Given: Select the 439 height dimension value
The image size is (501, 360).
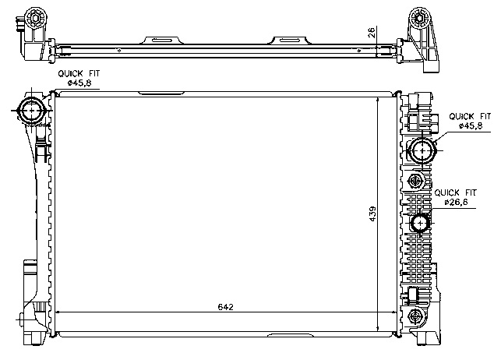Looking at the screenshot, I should [x=372, y=211].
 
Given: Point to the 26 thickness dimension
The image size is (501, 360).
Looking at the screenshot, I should [x=372, y=32].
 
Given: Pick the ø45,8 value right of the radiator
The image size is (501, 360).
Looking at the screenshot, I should [x=471, y=125].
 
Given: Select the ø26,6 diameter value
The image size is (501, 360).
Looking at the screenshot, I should [x=456, y=203].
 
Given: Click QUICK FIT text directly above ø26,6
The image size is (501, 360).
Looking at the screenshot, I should [x=456, y=192].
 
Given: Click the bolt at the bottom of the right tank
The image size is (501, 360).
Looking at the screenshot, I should [x=415, y=316].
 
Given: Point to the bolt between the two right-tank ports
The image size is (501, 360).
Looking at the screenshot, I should [x=415, y=182].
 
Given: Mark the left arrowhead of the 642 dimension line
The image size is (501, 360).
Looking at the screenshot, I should [x=57, y=312].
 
